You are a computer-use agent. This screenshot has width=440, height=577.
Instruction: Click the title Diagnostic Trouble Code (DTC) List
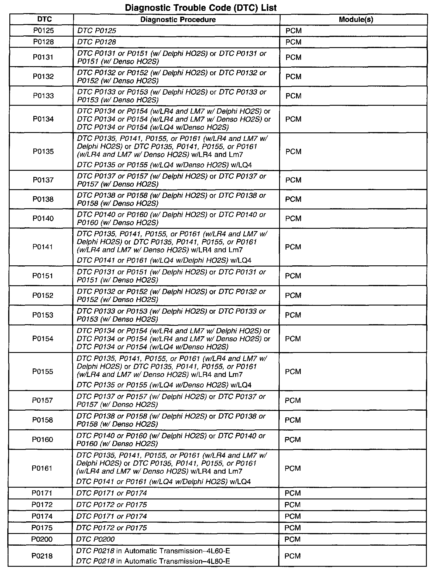[201, 8]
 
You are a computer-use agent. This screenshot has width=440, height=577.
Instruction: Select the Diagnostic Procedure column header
[178, 20]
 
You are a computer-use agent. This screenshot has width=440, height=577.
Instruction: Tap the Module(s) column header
[356, 20]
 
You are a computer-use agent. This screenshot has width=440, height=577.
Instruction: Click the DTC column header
[44, 19]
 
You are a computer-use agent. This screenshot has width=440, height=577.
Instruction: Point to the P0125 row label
[43, 30]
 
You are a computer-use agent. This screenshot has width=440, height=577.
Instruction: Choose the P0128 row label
[43, 42]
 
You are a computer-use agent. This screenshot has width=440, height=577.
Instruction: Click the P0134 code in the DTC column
[43, 119]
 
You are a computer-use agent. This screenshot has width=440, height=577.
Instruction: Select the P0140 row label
[43, 218]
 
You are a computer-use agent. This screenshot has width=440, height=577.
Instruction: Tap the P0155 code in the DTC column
[43, 371]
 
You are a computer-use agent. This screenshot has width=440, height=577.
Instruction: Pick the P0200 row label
[42, 539]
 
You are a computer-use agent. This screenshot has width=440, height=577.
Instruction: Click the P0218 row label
[42, 556]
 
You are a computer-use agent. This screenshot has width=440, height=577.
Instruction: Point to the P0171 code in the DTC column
[42, 493]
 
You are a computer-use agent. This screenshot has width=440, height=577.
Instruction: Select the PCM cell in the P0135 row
[293, 152]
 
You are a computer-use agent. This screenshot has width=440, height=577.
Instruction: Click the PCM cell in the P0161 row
[293, 468]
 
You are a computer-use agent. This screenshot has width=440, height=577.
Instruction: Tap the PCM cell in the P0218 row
[293, 556]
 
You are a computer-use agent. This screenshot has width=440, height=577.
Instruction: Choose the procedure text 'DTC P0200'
[95, 539]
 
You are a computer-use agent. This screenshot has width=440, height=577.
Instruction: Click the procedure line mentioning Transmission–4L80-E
[153, 561]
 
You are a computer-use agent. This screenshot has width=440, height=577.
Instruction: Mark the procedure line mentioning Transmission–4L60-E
[153, 551]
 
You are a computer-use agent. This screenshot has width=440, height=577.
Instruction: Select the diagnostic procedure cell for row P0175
[111, 528]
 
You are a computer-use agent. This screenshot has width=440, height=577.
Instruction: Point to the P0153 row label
[43, 315]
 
